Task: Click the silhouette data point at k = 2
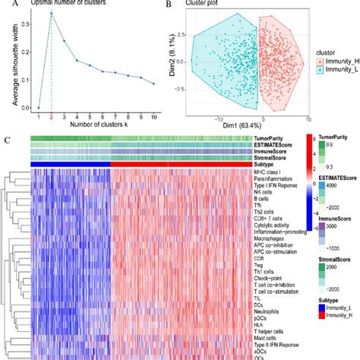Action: (52, 13)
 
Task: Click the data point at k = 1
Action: (38, 107)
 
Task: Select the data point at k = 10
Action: (153, 84)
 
